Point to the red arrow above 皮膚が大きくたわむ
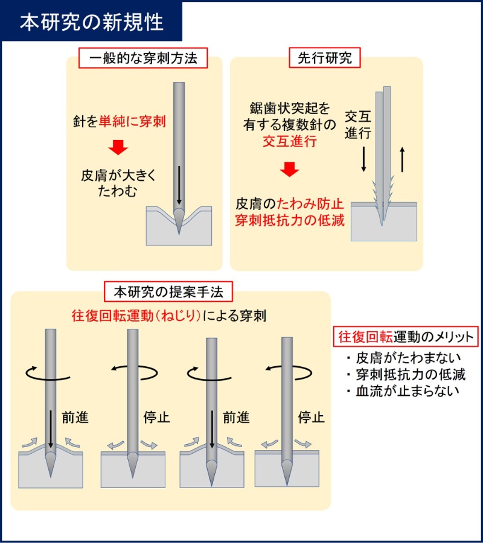[119, 147]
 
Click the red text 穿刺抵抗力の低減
[290, 220]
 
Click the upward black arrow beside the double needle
[401, 160]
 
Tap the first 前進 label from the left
[75, 418]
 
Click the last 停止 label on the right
[312, 418]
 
